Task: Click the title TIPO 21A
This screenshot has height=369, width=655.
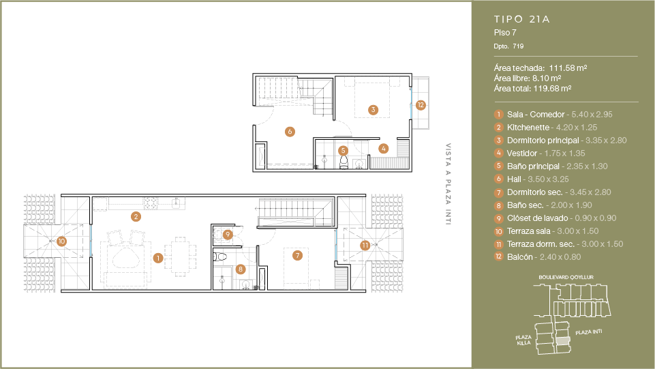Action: [x=521, y=19]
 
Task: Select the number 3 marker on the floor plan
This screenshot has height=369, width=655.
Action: [x=373, y=110]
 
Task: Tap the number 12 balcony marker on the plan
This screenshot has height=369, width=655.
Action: [x=421, y=105]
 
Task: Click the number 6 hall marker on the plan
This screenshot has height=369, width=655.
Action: [x=290, y=132]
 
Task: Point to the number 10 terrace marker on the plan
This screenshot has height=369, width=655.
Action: [x=61, y=241]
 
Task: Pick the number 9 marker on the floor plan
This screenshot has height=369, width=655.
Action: [x=228, y=235]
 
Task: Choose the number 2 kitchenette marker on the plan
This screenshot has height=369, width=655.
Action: [x=136, y=216]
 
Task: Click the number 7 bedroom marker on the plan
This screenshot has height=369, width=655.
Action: [x=297, y=255]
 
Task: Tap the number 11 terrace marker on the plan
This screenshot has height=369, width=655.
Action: [x=365, y=246]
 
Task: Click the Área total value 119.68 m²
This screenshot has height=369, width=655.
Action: [x=552, y=89]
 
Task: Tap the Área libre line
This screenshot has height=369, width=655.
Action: [x=527, y=78]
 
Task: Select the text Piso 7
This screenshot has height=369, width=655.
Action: [x=505, y=33]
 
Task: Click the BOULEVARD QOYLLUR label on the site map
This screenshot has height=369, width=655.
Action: [x=566, y=277]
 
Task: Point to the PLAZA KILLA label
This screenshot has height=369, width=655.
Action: [x=523, y=340]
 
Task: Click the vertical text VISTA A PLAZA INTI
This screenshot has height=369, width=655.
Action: [x=448, y=184]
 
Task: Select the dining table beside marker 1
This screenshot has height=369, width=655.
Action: [x=180, y=256]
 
